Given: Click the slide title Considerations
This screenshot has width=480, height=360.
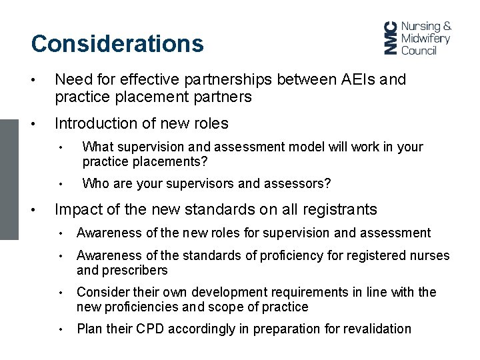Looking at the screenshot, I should [x=117, y=44].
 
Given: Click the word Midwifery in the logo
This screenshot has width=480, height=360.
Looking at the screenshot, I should [x=425, y=38].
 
